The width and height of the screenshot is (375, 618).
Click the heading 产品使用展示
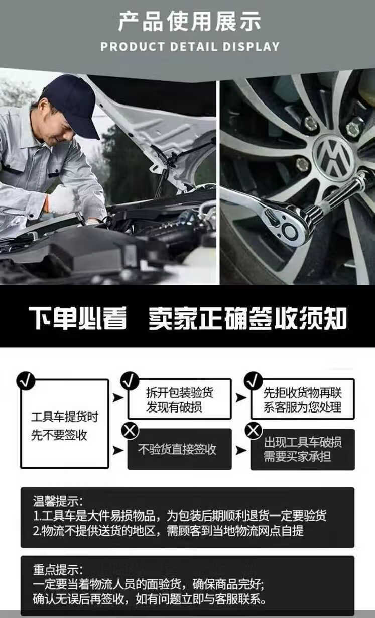pos(190,21)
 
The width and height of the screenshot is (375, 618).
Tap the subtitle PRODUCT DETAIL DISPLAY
pos(190,46)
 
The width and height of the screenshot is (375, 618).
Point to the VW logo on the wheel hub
pos(334,157)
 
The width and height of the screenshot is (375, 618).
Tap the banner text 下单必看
pos(78,318)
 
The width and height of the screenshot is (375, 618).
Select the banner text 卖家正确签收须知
pos(247,318)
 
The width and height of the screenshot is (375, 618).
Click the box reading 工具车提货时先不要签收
pos(65,423)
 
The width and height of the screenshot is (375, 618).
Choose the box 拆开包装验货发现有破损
pos(180,398)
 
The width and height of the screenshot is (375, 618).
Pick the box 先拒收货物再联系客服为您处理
pos(303,398)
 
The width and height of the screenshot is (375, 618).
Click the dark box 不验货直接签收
pos(180,449)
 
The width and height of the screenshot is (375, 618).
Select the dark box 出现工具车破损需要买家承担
pos(303,449)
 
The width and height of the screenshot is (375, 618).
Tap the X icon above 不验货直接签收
pos(130,431)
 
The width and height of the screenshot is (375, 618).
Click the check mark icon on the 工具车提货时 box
pos(26,381)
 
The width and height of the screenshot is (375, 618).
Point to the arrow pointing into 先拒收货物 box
pos(240,397)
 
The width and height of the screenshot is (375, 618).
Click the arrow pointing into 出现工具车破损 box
pos(240,450)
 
